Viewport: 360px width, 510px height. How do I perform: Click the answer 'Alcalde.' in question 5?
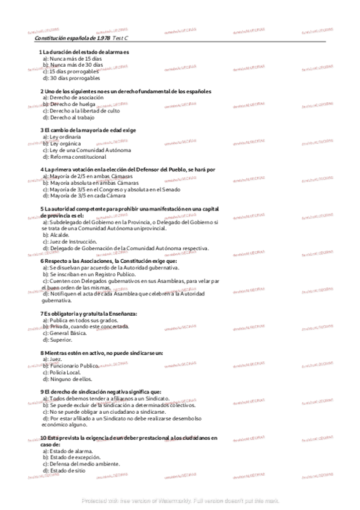click(58, 235)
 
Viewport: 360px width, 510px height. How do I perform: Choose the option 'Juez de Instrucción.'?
click(73, 242)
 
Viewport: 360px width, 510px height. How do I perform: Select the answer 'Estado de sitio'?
click(67, 470)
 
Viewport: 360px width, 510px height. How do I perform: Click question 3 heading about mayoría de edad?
click(88, 130)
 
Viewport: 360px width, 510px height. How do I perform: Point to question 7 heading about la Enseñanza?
click(89, 313)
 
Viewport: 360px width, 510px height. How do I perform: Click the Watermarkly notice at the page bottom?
click(180, 500)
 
